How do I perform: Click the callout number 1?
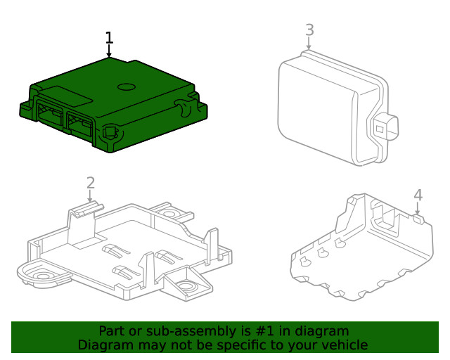[x=109, y=37]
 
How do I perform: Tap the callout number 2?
[x=90, y=183]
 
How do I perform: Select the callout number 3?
[x=309, y=30]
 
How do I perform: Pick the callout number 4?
[x=418, y=194]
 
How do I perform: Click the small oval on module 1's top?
[x=126, y=87]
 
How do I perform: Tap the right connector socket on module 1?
[x=79, y=123]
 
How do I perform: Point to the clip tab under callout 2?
[x=87, y=207]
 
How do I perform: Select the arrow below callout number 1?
[x=109, y=51]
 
